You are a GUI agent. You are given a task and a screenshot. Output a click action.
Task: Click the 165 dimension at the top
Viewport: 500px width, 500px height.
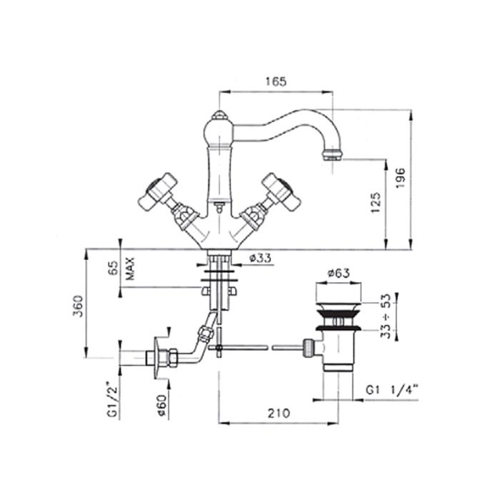click(276, 81)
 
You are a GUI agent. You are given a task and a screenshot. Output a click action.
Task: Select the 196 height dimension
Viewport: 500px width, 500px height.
click(400, 177)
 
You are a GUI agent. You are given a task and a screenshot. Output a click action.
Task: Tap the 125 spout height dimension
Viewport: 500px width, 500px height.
click(376, 202)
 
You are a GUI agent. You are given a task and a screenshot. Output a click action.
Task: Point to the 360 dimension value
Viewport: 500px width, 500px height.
click(78, 306)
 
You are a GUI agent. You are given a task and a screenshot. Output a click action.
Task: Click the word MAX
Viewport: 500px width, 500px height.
click(130, 269)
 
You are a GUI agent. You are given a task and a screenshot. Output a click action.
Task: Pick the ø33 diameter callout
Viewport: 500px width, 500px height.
click(260, 258)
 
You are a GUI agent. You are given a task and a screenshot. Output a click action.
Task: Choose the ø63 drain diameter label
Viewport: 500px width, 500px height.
click(339, 273)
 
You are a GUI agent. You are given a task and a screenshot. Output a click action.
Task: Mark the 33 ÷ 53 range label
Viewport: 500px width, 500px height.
click(386, 316)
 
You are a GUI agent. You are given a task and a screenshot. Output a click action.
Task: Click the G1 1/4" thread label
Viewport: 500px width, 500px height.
click(392, 390)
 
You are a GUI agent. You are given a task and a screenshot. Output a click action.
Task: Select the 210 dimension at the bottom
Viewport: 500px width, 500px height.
click(279, 413)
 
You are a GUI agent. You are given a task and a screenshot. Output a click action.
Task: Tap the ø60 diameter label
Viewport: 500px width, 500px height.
click(162, 405)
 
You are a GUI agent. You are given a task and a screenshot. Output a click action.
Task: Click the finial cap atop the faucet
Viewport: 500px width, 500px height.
click(219, 115)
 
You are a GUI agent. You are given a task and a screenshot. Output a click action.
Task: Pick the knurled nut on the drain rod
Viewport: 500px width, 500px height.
click(308, 347)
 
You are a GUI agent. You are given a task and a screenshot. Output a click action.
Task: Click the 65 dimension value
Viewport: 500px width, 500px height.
click(114, 269)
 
